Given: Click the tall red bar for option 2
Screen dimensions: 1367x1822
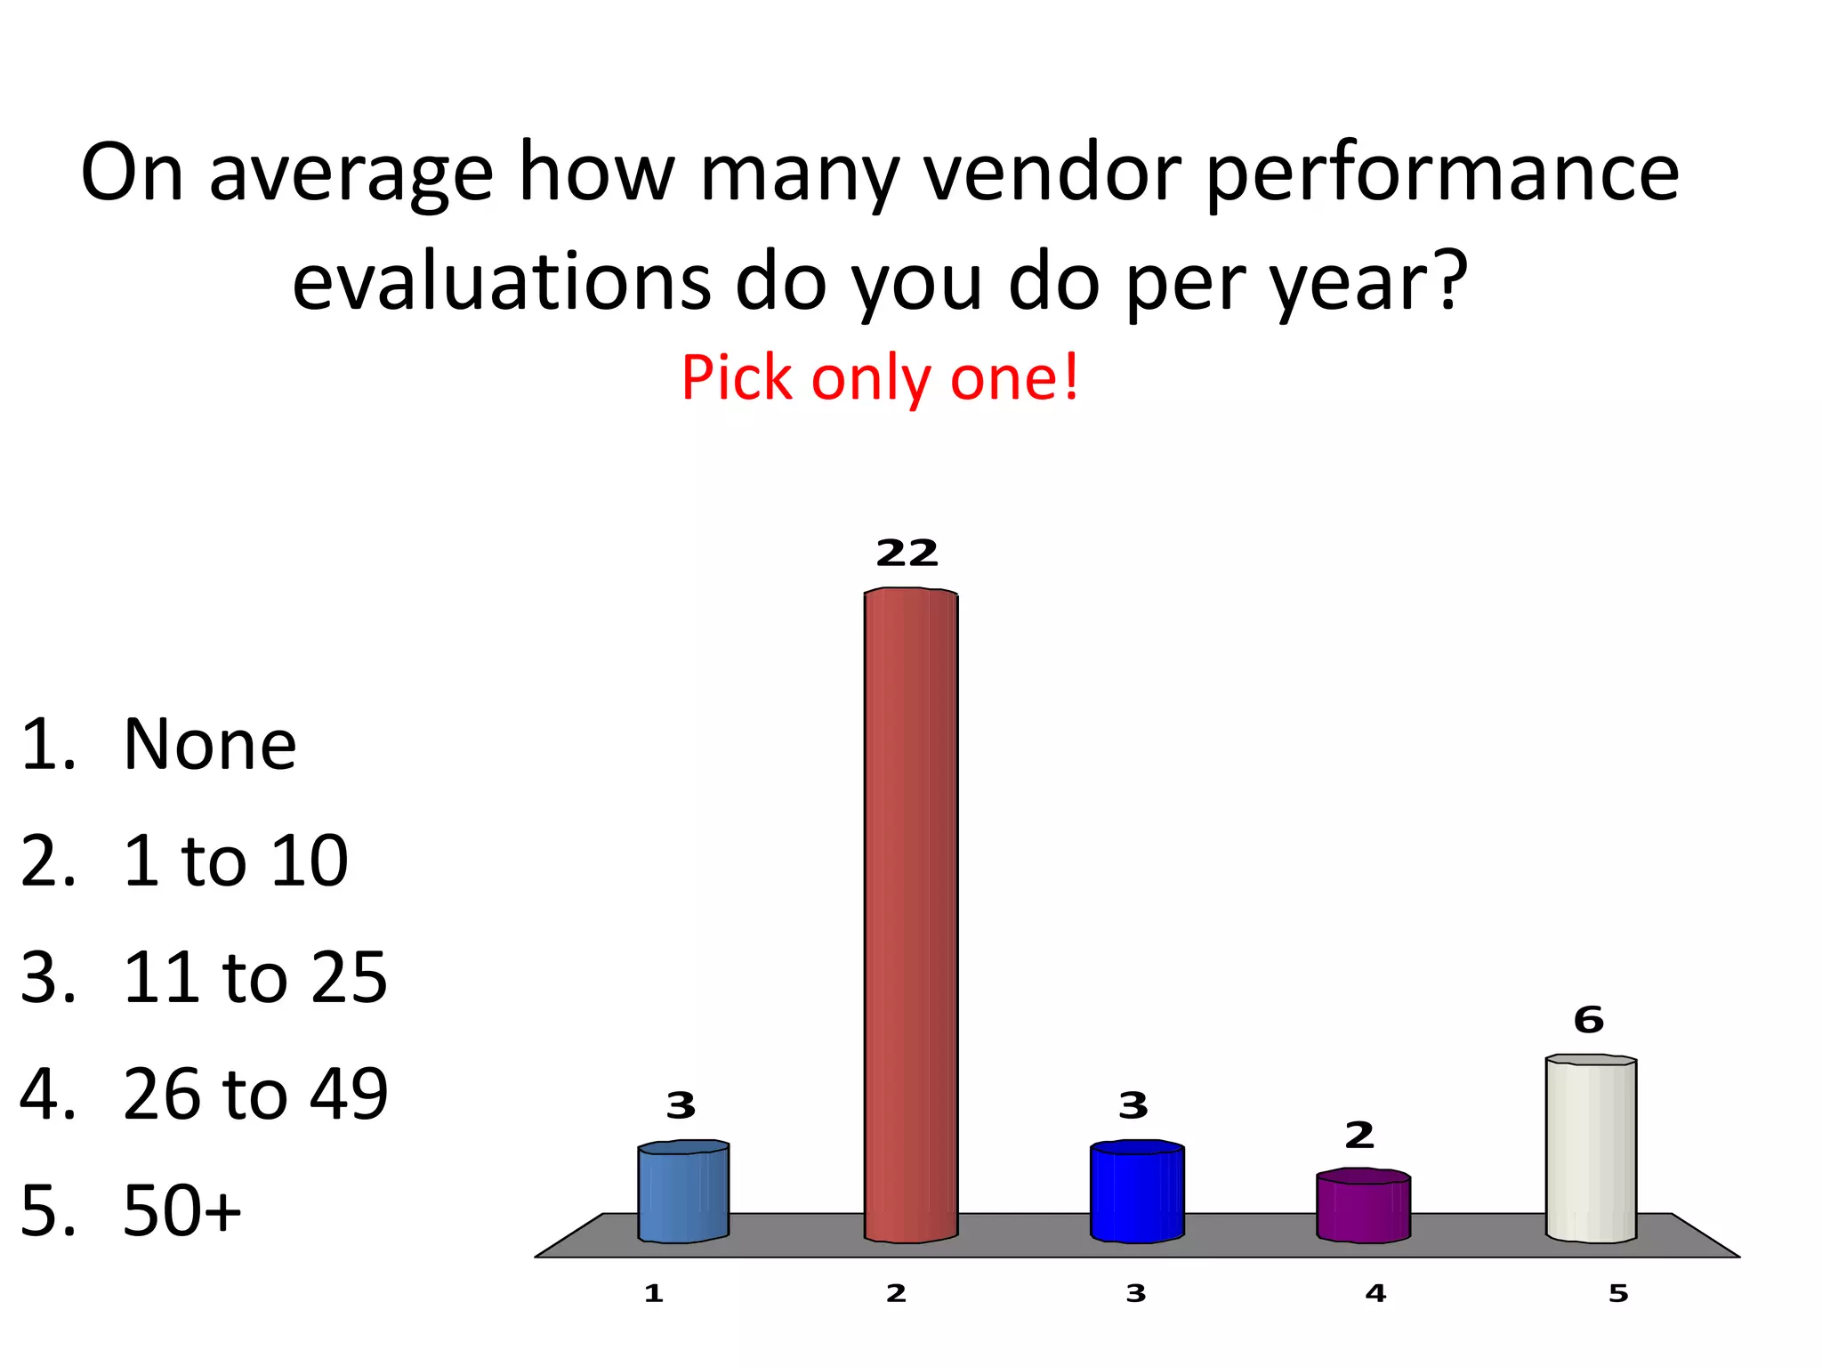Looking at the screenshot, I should point(911,917).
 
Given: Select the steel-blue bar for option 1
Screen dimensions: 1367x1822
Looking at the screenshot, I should point(683,1193).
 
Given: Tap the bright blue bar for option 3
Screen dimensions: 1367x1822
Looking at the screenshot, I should point(1137,1193).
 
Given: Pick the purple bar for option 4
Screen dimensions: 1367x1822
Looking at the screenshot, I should point(1363,1207).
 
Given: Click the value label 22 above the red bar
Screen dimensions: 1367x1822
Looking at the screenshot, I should point(907,554).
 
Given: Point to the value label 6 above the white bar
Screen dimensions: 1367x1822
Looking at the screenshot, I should point(1589,1020).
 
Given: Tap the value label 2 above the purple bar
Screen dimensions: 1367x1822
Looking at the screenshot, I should point(1359,1136).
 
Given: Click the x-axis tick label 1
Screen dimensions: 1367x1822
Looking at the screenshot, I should point(654,1294).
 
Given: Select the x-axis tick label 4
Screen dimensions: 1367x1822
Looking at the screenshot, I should point(1375,1294).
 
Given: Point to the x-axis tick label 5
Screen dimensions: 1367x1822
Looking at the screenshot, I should point(1618,1294).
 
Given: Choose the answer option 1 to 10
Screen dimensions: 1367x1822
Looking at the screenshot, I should point(236,861).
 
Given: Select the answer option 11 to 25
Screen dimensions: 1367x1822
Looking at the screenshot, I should point(255,977).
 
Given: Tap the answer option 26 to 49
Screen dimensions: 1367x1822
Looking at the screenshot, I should point(255,1094).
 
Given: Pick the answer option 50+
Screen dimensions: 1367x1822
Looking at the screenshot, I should point(182,1210).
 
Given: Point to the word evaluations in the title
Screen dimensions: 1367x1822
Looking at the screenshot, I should point(502,281).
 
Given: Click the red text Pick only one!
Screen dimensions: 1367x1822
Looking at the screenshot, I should point(880,377).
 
